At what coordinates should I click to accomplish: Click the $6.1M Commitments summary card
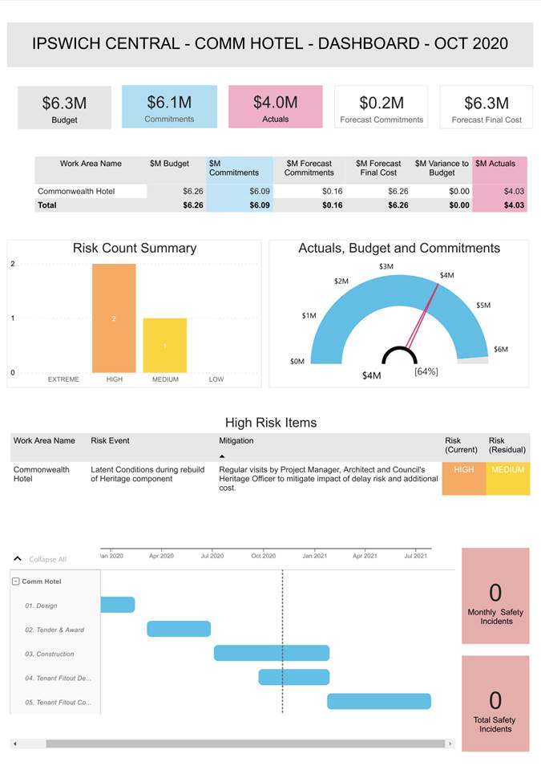tap(169, 107)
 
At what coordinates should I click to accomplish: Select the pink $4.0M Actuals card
tap(275, 107)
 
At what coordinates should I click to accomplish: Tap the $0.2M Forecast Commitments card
tap(381, 107)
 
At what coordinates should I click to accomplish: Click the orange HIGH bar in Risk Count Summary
tap(114, 318)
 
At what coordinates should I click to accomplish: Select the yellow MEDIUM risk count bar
tap(165, 346)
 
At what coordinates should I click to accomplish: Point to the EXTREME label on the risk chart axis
tap(63, 379)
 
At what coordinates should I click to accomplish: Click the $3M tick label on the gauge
tap(386, 266)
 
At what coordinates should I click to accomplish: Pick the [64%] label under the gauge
tap(426, 371)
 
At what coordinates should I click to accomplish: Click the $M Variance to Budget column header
tap(442, 168)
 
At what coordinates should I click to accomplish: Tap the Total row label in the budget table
tap(48, 205)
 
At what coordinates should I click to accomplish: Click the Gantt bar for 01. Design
tap(118, 605)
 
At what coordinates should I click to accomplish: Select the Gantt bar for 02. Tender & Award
tap(179, 629)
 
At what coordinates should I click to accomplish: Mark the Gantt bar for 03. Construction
tap(272, 653)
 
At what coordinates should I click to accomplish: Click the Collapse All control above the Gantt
tap(47, 559)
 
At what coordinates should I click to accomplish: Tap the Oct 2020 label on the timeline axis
tap(263, 555)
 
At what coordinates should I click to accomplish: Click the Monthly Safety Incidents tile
tap(495, 596)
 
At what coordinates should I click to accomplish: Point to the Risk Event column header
tap(110, 440)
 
